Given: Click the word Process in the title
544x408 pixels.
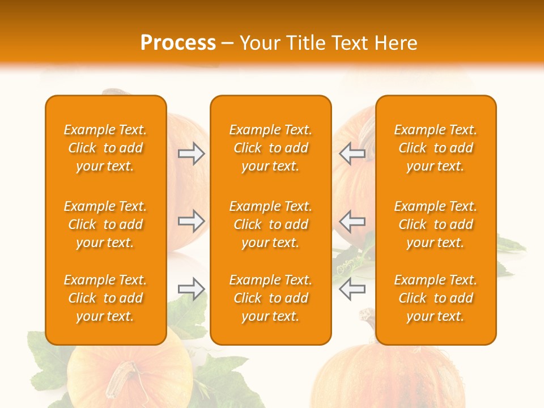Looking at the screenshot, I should (x=178, y=43).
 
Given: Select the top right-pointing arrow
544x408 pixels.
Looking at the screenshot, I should (x=192, y=154).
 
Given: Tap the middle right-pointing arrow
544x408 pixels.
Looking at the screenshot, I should (x=192, y=221).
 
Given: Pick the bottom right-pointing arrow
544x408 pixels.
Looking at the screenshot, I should (x=192, y=289).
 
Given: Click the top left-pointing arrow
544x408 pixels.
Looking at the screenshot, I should (x=352, y=154).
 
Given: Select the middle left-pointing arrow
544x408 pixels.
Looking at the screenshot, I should (x=352, y=221).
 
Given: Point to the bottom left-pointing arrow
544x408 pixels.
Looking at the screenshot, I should (x=352, y=289).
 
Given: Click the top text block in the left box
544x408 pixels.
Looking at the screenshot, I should (x=105, y=148).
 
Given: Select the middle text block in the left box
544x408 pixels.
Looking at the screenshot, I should (x=105, y=224).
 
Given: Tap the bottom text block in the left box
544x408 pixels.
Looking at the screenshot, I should (x=105, y=298).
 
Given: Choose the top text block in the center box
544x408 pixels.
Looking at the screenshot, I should (x=271, y=148).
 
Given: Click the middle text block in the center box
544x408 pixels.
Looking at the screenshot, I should (x=271, y=224).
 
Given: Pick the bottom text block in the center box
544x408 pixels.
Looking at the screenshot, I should (x=271, y=298).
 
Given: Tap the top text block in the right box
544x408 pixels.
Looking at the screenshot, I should (x=436, y=148).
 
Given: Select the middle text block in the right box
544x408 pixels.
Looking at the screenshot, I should (x=436, y=224).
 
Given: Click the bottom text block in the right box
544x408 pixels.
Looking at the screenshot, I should (x=436, y=298).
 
